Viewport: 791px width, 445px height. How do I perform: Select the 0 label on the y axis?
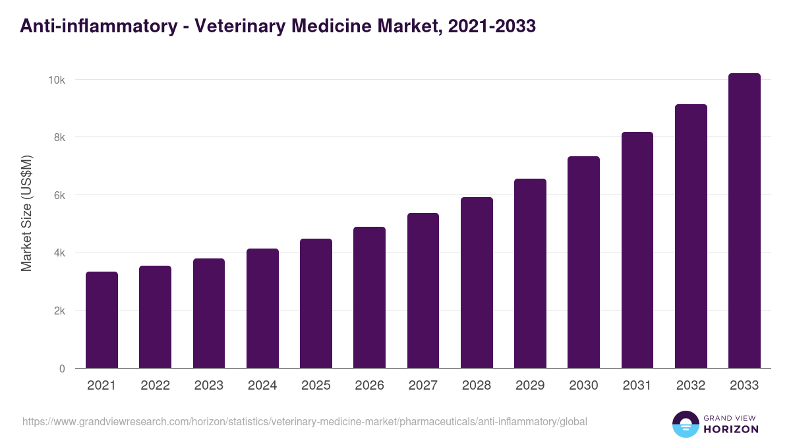coord(62,369)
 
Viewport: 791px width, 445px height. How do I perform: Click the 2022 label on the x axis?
coord(155,386)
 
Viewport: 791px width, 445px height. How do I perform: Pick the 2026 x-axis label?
coord(369,386)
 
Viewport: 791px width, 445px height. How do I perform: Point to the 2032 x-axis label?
coord(691,386)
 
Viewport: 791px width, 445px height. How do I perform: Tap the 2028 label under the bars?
coord(477,386)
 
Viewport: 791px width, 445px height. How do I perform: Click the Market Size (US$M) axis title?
coord(26,213)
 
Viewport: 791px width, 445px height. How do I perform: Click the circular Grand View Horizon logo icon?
coord(685,424)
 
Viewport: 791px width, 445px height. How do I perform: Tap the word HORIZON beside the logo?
coord(732,429)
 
